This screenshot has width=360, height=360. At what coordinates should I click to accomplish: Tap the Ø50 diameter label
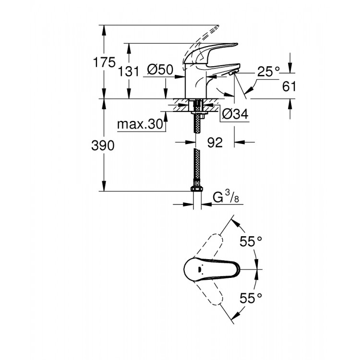[x=160, y=70]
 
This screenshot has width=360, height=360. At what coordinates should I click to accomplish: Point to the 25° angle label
[x=268, y=72]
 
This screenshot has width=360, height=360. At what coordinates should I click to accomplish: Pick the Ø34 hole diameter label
[x=235, y=114]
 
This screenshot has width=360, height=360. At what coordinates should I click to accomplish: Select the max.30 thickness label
[x=140, y=125]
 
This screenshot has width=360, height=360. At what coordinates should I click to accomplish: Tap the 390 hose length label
[x=103, y=146]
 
